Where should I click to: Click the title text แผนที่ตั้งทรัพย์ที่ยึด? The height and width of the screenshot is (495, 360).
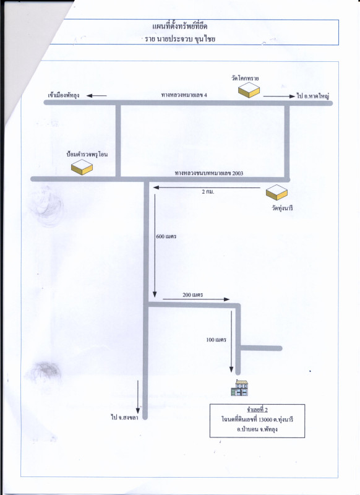click(x=179, y=27)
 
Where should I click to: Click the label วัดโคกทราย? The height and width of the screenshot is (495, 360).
click(x=245, y=79)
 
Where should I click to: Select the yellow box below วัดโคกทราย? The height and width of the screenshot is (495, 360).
click(x=249, y=90)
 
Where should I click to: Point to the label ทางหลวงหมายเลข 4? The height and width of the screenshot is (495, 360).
click(x=184, y=95)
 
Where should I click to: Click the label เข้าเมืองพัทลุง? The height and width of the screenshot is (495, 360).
click(x=64, y=95)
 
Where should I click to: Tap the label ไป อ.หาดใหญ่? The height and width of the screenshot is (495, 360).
click(x=312, y=96)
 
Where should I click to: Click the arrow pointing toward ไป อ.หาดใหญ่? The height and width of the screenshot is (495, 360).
click(x=279, y=97)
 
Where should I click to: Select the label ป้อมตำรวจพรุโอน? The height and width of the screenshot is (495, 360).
click(x=87, y=154)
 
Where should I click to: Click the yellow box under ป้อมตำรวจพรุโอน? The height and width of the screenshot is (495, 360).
click(x=82, y=167)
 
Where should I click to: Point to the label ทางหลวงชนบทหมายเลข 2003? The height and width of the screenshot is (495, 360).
click(x=209, y=173)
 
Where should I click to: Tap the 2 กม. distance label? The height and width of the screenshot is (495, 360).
click(x=208, y=192)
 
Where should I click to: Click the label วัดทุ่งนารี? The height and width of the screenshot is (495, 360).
click(x=283, y=209)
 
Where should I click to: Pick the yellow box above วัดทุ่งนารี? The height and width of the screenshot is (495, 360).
click(x=276, y=192)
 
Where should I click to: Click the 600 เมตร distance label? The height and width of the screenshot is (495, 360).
click(x=166, y=236)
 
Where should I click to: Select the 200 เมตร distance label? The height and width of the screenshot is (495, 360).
click(x=192, y=295)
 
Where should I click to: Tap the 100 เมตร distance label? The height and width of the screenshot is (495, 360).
click(x=216, y=340)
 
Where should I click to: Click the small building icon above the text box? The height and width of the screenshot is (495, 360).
click(x=239, y=388)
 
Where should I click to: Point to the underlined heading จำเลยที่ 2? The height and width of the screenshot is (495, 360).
click(x=257, y=410)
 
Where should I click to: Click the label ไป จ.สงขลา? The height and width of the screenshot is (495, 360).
click(x=124, y=417)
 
